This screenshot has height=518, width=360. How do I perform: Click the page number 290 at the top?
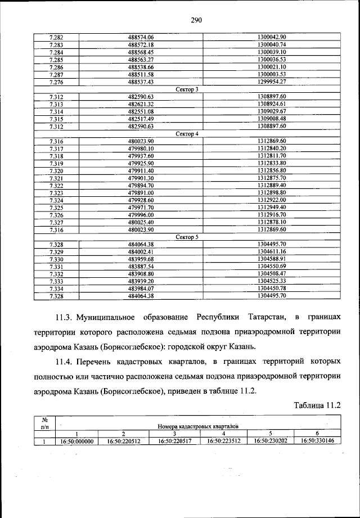[x=196, y=20]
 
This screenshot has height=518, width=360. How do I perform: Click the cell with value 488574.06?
[x=141, y=37]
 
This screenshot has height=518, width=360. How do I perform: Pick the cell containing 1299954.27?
[x=272, y=82]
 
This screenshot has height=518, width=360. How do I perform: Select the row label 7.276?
[x=56, y=82]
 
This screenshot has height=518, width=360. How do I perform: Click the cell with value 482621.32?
[x=141, y=104]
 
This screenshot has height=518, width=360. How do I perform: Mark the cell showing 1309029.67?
[x=272, y=111]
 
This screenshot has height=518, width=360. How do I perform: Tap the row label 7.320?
[x=56, y=170]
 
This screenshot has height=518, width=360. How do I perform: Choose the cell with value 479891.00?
[x=141, y=192]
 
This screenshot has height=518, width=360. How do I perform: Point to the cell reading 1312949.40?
[x=272, y=207]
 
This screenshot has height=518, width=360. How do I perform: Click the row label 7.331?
[x=56, y=266]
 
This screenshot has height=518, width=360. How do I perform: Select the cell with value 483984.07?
[x=141, y=288]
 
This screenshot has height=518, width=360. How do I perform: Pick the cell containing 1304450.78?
[x=272, y=288]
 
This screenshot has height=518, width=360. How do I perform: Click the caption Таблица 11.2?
[x=317, y=404]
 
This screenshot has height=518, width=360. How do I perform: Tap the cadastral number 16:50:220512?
[x=123, y=441]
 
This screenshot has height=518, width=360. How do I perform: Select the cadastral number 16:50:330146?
[x=318, y=441]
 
